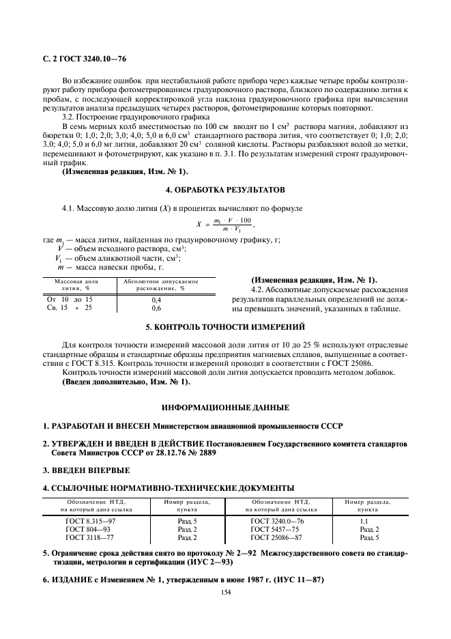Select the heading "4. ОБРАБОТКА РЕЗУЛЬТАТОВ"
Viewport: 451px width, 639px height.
click(x=225, y=188)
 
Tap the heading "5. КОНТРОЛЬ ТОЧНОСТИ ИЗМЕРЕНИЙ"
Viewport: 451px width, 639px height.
click(x=225, y=327)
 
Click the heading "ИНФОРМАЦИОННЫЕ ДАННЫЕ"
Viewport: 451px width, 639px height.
click(x=225, y=408)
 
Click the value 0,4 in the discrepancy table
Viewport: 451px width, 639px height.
click(x=156, y=300)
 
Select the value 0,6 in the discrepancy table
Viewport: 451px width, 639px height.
click(x=156, y=308)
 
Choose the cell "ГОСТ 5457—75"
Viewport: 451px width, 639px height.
click(x=274, y=529)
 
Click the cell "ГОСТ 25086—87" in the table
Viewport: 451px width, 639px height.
click(x=276, y=537)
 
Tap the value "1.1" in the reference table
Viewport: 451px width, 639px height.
click(x=364, y=520)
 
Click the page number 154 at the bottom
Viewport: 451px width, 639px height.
click(x=225, y=592)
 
